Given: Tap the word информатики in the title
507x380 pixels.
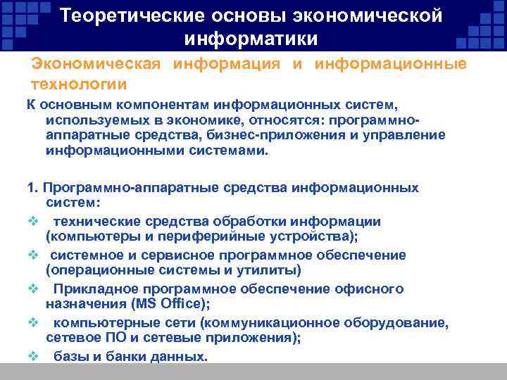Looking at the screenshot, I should [x=251, y=37].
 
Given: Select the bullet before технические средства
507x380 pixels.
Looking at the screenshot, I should [x=32, y=221].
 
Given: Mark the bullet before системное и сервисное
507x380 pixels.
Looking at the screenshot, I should [x=32, y=255].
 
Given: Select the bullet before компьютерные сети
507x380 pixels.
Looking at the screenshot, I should [x=32, y=322].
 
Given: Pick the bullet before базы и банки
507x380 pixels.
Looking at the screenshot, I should [x=32, y=356].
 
